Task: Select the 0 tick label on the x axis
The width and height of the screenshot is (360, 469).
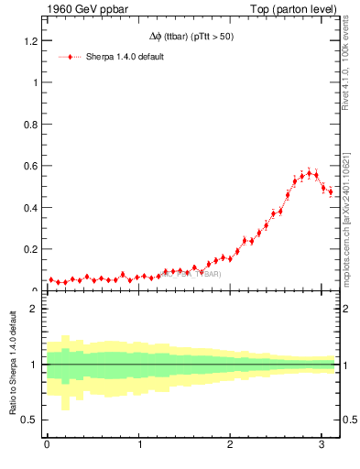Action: coord(48,445)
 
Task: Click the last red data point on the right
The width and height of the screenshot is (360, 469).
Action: coord(331,192)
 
